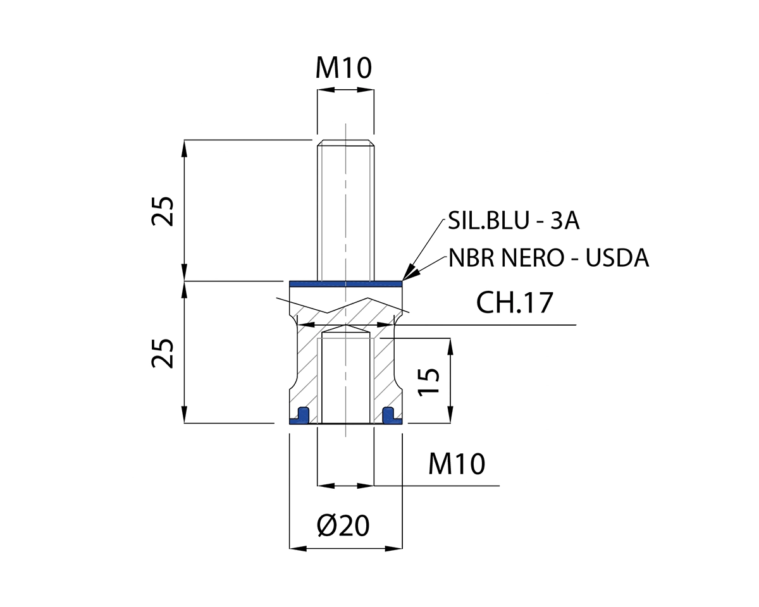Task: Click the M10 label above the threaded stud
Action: [344, 68]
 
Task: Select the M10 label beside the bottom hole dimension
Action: [457, 465]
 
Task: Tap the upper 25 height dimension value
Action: [163, 211]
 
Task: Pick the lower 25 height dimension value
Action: [163, 353]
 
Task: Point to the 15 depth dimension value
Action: [429, 382]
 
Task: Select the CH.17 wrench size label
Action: [515, 303]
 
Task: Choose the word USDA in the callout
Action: [618, 258]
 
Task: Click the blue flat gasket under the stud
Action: [345, 284]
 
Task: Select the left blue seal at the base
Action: [302, 415]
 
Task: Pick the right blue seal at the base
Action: [390, 415]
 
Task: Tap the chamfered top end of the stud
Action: [345, 142]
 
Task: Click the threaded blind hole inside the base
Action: [345, 379]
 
